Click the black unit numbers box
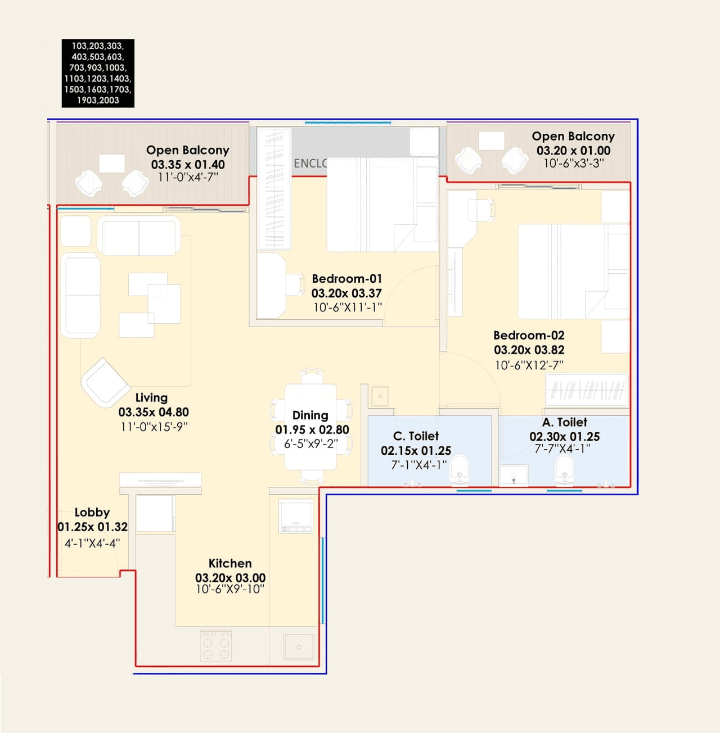[x=98, y=73]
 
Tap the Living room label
[x=151, y=397]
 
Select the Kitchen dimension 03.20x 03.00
[x=230, y=577]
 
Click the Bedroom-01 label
[x=346, y=279]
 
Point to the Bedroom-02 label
[x=529, y=335]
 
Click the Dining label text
[x=310, y=415]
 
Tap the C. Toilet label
[x=416, y=436]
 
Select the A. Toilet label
[x=564, y=422]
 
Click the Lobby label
[x=92, y=512]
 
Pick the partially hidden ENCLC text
[x=310, y=163]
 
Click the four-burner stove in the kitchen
[x=216, y=645]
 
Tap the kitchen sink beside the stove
[x=298, y=647]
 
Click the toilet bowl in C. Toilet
[x=460, y=471]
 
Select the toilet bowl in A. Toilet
[x=564, y=471]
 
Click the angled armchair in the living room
[x=105, y=382]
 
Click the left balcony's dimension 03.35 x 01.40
[x=188, y=165]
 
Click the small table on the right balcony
[x=491, y=141]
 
